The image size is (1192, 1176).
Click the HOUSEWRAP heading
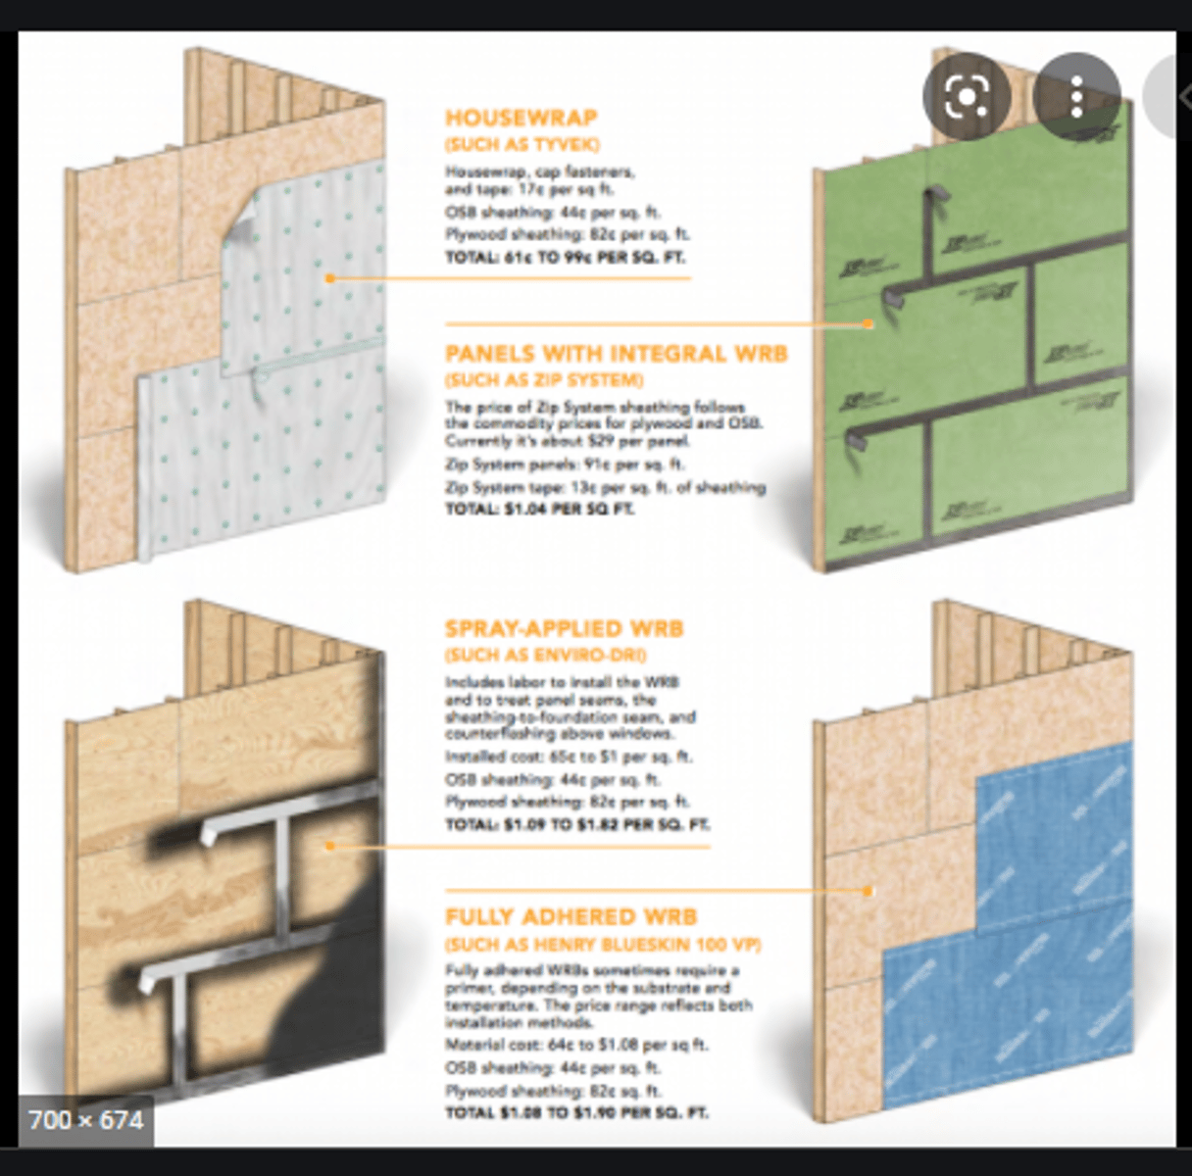521,119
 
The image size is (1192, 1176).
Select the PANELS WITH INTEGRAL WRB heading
616,354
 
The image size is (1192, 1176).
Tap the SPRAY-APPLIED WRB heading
564,629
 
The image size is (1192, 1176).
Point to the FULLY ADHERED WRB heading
571,917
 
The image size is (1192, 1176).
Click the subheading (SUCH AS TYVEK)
521,145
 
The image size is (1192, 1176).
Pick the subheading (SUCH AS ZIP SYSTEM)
544,380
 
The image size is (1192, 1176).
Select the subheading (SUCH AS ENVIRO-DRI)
545,655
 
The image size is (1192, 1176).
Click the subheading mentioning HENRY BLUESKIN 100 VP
603,945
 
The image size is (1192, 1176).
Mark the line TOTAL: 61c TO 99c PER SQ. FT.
565,258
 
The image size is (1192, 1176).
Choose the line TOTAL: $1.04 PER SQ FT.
540,509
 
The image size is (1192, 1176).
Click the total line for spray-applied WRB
577,824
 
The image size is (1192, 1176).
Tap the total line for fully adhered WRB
576,1112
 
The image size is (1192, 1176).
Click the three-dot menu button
1076,96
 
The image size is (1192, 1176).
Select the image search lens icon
966,96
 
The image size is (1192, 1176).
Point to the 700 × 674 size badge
86,1119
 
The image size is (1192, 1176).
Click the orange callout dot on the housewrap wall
331,278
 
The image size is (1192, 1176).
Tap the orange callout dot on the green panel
868,323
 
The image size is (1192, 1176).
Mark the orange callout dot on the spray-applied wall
331,845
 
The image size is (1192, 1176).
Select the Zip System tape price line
605,487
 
